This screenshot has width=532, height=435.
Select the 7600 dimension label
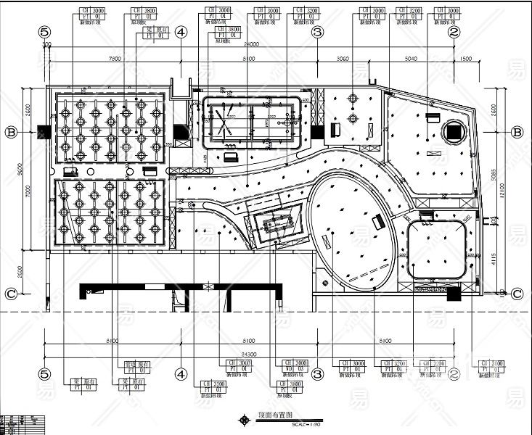click(x=114, y=58)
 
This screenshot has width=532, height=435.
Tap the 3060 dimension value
click(x=343, y=58)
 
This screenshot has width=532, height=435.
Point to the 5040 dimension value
click(x=411, y=58)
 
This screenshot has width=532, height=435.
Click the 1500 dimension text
click(x=465, y=58)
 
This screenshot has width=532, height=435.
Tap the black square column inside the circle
click(x=454, y=132)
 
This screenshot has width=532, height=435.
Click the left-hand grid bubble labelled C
click(x=11, y=294)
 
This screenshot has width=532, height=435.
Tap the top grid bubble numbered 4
click(x=181, y=32)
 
